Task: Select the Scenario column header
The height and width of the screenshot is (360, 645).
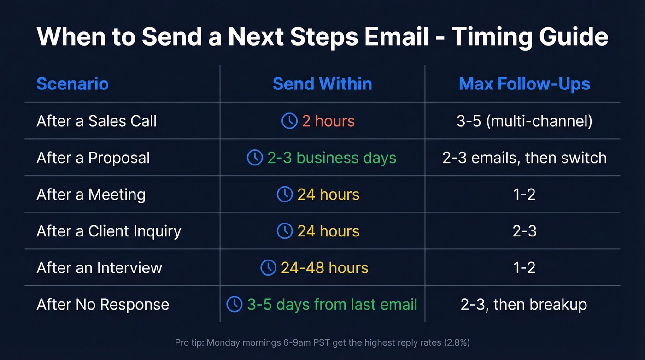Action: pos(72,84)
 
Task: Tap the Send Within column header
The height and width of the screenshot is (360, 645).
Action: pos(322,84)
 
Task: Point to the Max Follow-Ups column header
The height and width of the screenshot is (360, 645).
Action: pos(524,84)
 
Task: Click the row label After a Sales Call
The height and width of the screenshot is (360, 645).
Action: pos(97,121)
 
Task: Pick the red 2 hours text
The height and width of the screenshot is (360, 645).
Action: pos(328,121)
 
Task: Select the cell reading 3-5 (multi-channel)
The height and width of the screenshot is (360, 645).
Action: pos(524,121)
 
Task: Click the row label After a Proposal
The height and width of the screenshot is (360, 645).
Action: pos(93,158)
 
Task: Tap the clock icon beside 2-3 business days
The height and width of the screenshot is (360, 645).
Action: pos(255,158)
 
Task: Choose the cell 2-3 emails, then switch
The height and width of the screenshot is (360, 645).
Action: pos(524,158)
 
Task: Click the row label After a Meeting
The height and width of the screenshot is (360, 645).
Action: pos(91,195)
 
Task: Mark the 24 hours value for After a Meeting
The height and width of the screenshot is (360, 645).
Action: pos(328,195)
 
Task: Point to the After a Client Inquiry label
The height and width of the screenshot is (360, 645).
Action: pos(109,231)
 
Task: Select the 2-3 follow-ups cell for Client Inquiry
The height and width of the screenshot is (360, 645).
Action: pos(524,231)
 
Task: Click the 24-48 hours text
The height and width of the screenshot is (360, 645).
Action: pos(324,268)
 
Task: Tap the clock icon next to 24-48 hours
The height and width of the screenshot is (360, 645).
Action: pos(268,268)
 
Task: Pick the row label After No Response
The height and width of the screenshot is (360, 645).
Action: pos(103,305)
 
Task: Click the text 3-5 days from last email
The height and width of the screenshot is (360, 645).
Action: pos(332,305)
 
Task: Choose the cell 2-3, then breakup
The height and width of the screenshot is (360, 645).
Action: pos(524,305)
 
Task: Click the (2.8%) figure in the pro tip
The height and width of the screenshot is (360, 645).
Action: pos(456,342)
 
